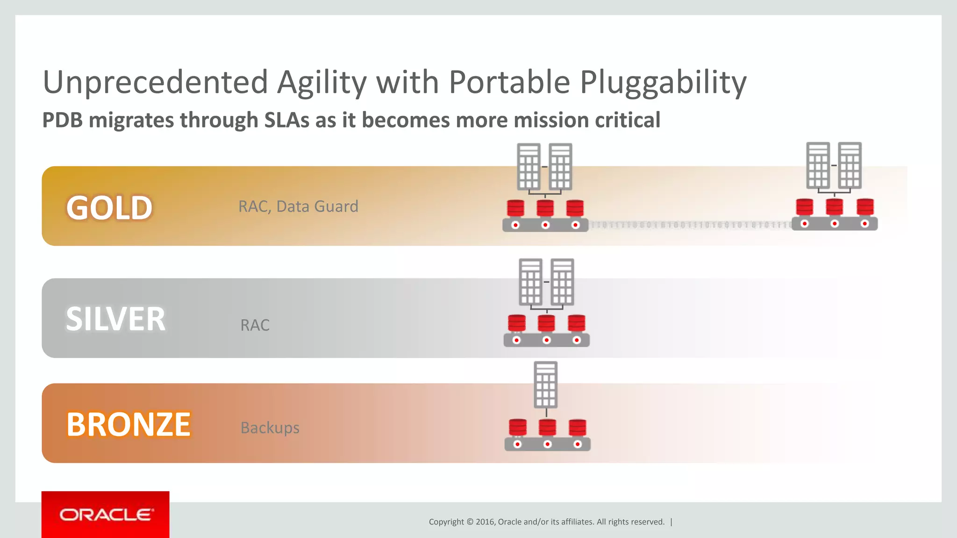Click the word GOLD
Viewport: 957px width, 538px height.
[x=109, y=208]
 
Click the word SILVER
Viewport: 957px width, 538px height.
[x=115, y=319]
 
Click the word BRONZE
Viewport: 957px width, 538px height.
[x=129, y=425]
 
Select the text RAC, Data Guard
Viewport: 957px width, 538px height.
[x=298, y=206]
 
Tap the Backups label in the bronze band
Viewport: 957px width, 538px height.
[x=270, y=428]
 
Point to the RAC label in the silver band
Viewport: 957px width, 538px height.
[x=255, y=325]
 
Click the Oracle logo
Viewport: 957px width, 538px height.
[x=106, y=515]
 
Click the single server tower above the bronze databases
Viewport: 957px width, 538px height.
[x=545, y=385]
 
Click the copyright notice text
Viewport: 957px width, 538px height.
[x=546, y=522]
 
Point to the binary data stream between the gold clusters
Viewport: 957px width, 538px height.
[x=690, y=225]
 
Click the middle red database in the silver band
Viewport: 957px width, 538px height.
[x=546, y=323]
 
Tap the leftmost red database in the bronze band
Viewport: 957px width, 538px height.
[x=517, y=427]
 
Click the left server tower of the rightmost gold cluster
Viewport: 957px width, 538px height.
[x=818, y=165]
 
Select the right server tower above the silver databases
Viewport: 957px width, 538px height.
[x=562, y=282]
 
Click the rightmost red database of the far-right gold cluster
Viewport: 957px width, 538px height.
[x=865, y=206]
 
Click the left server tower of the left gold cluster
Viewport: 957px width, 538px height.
[x=528, y=166]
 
